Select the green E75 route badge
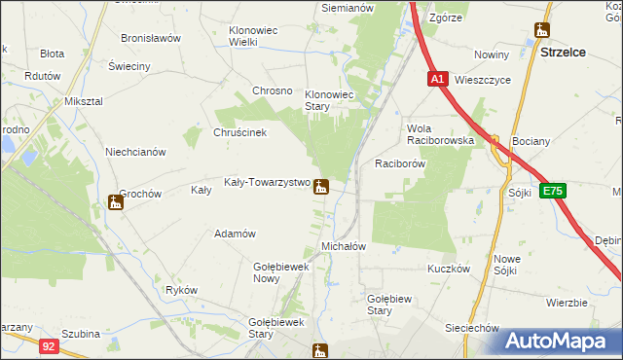pos(552,192)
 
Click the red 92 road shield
pos(49,343)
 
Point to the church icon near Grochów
pos(115,202)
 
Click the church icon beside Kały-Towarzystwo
pos(320,187)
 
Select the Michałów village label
pos(343,246)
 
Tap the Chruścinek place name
pos(239,132)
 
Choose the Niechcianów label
pos(135,152)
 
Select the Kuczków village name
pos(449,268)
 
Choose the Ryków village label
pos(182,290)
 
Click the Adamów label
pos(235,234)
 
